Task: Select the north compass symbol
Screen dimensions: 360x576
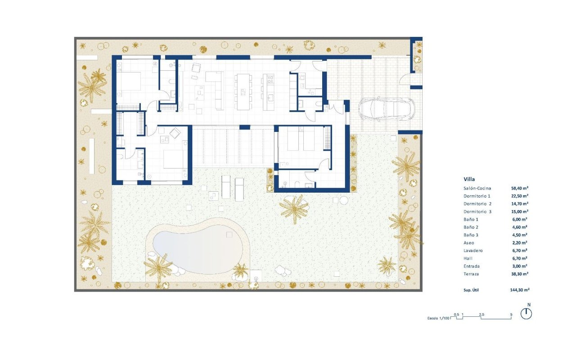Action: [526, 314]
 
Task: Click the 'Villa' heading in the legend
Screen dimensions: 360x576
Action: [469, 179]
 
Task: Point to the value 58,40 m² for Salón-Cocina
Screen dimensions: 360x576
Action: [519, 188]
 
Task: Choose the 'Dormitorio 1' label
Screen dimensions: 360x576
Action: [477, 196]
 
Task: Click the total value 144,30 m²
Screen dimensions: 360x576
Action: [519, 290]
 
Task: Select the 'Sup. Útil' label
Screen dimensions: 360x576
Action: [471, 290]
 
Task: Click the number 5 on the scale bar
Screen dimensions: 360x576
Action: [511, 314]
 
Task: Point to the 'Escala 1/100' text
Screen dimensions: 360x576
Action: [438, 318]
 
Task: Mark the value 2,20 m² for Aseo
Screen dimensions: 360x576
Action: [521, 243]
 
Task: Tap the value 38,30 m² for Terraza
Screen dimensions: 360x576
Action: [519, 273]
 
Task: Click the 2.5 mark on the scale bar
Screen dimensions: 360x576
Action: [482, 314]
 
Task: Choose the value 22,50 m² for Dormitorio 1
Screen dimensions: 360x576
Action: [519, 196]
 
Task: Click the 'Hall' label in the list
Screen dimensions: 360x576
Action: [468, 258]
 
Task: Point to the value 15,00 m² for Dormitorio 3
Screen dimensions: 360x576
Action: [519, 211]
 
